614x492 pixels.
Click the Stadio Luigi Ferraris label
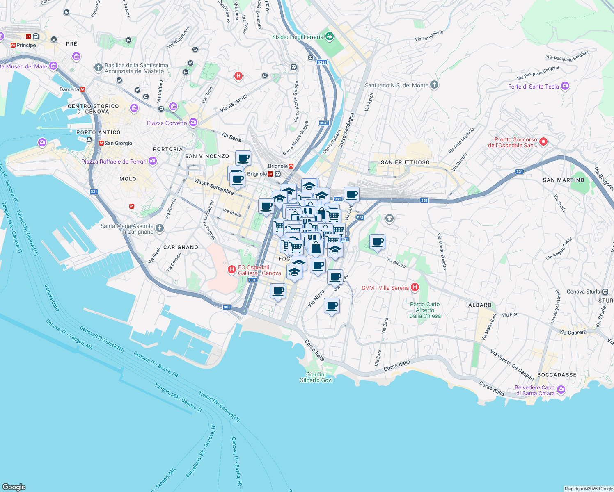click(x=298, y=37)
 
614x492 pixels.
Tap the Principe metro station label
click(x=26, y=45)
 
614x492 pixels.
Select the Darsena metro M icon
click(x=82, y=89)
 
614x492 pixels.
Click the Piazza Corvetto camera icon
click(x=193, y=123)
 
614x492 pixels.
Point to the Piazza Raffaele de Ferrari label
click(x=114, y=162)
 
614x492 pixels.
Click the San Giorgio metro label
click(x=118, y=143)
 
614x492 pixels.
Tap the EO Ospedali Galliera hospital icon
click(x=232, y=269)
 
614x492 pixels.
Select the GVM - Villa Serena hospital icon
click(x=415, y=287)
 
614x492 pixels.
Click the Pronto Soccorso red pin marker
click(x=543, y=142)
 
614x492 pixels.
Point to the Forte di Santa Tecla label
click(x=533, y=87)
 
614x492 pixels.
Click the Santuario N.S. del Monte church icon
click(x=434, y=85)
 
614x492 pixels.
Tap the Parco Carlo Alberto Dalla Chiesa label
click(x=425, y=310)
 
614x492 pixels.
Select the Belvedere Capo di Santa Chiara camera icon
click(x=561, y=389)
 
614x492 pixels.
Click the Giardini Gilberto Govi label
click(x=316, y=377)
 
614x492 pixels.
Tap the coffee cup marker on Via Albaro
click(x=377, y=242)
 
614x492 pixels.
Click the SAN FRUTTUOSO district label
click(x=405, y=162)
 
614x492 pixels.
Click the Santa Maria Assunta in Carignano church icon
click(x=160, y=228)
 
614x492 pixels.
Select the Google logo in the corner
click(x=14, y=487)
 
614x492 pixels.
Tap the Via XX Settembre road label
click(x=214, y=186)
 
